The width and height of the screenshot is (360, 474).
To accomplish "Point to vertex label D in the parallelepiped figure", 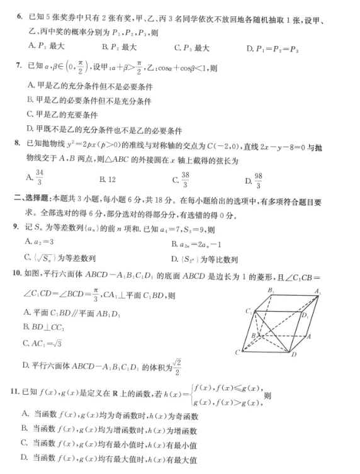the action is point(293,356).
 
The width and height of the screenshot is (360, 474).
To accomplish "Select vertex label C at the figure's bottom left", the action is point(237,351).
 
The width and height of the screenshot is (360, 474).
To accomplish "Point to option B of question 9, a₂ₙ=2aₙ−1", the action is point(201,243).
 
